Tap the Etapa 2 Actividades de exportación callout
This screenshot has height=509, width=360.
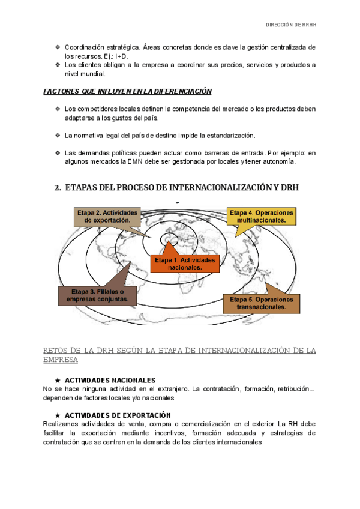click(x=107, y=216)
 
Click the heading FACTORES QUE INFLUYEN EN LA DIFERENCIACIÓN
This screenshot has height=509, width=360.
click(x=128, y=91)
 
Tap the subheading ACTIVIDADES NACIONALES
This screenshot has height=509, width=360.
click(x=110, y=381)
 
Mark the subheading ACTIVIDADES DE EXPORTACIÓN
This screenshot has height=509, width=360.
click(x=118, y=415)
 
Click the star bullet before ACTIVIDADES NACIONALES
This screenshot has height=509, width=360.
click(x=57, y=381)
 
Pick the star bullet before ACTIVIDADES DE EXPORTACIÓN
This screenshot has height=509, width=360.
click(x=57, y=415)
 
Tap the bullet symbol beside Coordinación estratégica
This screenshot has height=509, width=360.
click(x=57, y=47)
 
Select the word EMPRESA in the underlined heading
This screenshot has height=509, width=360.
click(x=60, y=360)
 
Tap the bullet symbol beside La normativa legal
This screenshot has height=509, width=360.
click(x=57, y=135)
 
